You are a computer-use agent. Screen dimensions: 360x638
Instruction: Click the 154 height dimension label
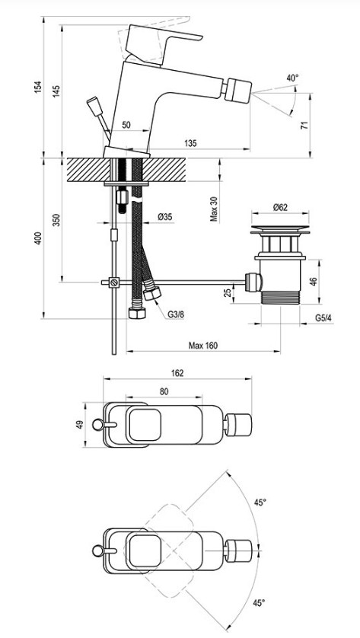[38, 87]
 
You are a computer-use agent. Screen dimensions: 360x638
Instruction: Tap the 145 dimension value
[56, 91]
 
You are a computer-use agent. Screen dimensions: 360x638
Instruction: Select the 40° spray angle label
[292, 78]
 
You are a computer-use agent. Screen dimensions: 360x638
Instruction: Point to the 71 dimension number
[304, 125]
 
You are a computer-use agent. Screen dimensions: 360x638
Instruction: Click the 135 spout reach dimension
[190, 143]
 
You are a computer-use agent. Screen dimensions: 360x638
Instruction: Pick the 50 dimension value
[126, 125]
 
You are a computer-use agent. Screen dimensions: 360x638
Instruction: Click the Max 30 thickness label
[214, 209]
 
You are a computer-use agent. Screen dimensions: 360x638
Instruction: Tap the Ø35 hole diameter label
[164, 217]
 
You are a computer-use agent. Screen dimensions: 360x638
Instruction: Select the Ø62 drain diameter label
[280, 207]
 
